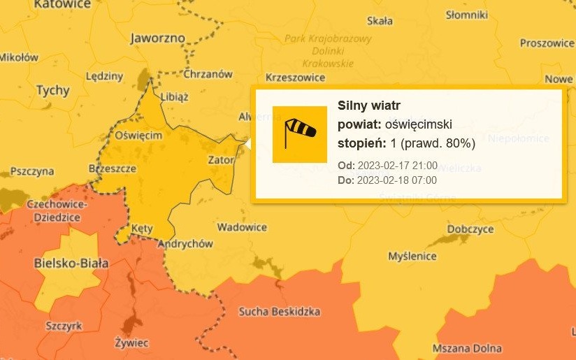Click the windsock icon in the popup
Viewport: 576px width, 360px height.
[x=299, y=134]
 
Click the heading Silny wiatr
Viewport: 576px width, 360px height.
[x=369, y=106]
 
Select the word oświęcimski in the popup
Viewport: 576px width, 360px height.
[x=419, y=124]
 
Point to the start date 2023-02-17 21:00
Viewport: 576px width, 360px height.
[x=397, y=166]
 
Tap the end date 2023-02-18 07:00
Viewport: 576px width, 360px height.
[x=397, y=180]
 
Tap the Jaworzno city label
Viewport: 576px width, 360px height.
[x=157, y=38]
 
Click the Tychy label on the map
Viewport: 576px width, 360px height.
[x=52, y=90]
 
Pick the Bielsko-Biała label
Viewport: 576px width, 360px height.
[x=71, y=264]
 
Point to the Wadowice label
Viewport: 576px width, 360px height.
[x=242, y=227]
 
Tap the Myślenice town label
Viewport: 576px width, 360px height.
[x=412, y=256]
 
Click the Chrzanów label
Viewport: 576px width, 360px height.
[x=208, y=73]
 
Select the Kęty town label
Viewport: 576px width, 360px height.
[x=141, y=229]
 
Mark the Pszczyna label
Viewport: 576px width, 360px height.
[x=32, y=171]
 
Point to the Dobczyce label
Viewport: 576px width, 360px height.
[x=470, y=229]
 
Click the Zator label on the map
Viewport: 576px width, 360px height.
[x=221, y=159]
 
